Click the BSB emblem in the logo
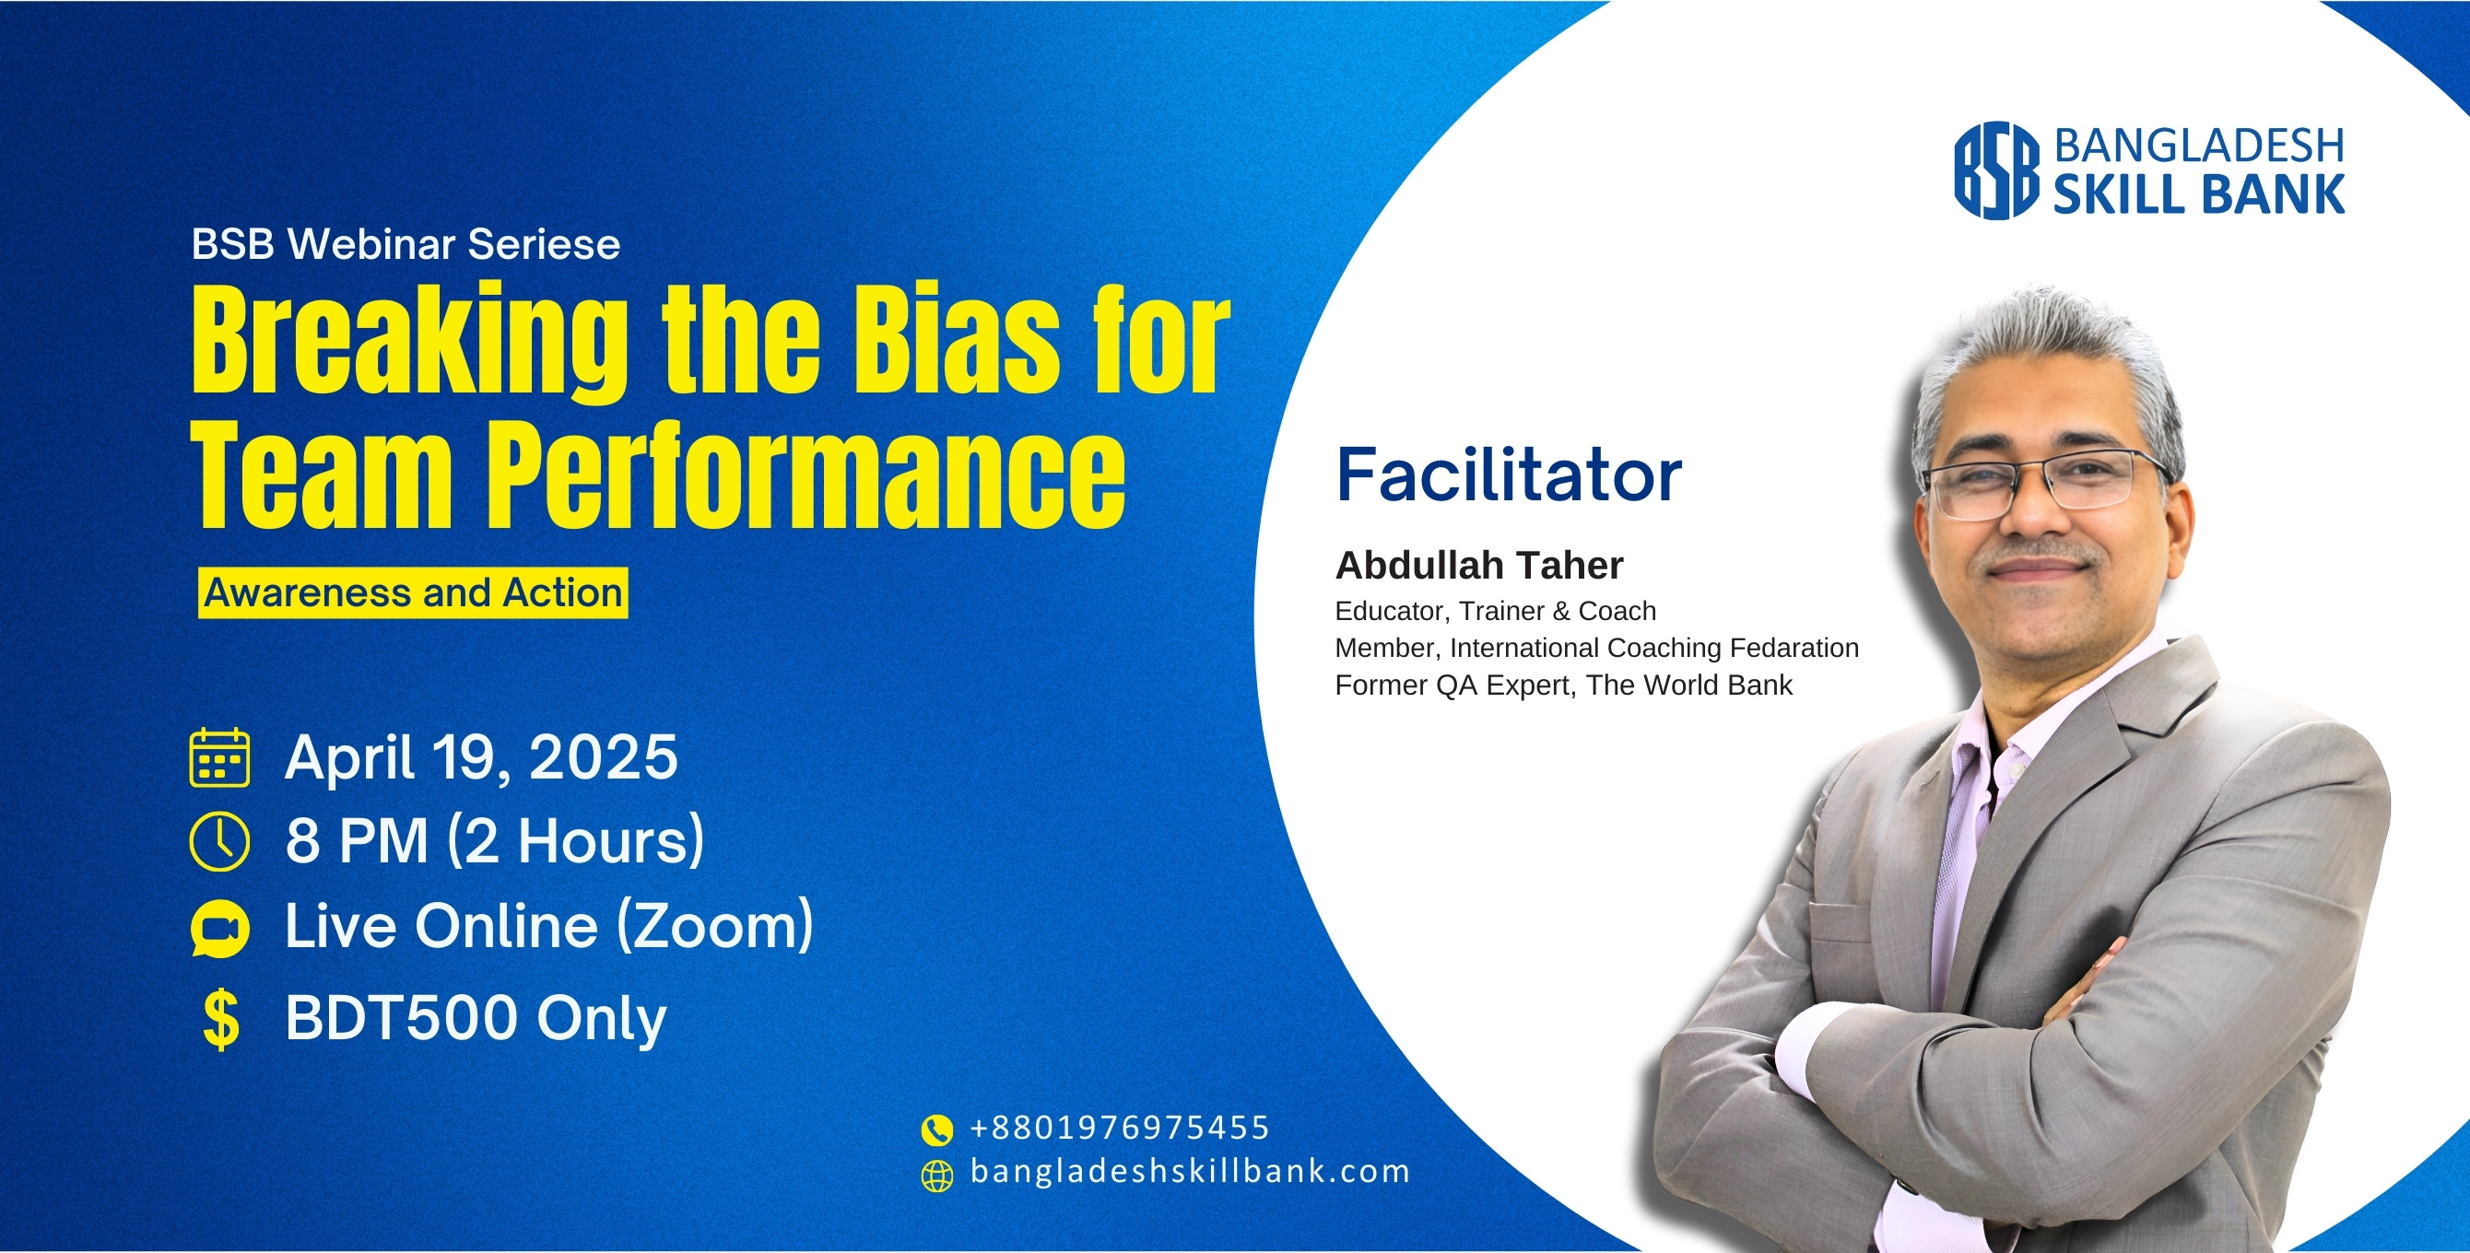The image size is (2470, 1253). [x=1997, y=170]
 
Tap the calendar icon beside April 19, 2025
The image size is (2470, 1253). [x=219, y=757]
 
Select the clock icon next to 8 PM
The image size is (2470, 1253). [x=219, y=842]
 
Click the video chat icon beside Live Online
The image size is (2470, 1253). [x=219, y=928]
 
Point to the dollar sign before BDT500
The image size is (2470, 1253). [x=221, y=1019]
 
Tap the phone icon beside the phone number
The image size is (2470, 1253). [x=936, y=1130]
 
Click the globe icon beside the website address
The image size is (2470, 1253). [x=936, y=1175]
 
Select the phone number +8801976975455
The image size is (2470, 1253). [x=1120, y=1128]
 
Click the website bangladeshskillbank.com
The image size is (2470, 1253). [x=1190, y=1172]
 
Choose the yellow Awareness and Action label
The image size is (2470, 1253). [x=413, y=593]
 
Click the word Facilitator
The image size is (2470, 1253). [x=1510, y=475]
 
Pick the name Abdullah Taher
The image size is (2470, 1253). [x=1479, y=566]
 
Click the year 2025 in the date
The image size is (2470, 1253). [x=604, y=757]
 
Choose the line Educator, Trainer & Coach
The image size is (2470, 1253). [x=1496, y=612]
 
